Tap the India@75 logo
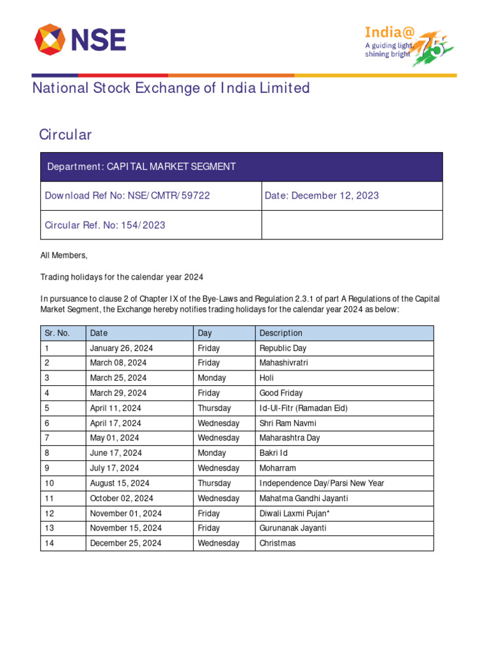pos(407,45)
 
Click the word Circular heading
pos(65,134)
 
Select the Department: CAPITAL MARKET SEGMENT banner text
pos(141,167)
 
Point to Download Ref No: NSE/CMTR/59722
pos(127,195)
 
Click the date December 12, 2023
pos(322,195)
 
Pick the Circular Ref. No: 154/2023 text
pos(105,225)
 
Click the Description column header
pos(281,333)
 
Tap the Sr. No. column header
pos(57,333)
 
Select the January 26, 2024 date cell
pos(121,348)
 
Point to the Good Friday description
pos(281,393)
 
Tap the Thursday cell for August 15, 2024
pos(214,483)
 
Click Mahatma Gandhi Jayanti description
pos(304,499)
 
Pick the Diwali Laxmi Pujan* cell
pos(295,513)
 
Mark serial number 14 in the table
pos(49,543)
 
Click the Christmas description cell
pos(278,543)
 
